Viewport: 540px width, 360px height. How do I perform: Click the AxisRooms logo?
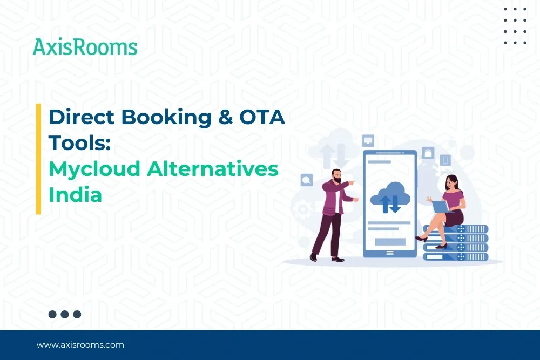85,47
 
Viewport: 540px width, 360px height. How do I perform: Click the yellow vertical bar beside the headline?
39,159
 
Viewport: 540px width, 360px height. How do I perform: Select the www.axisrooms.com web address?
80,344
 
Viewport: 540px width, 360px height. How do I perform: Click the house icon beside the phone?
428,153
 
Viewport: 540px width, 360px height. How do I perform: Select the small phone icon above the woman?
445,160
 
